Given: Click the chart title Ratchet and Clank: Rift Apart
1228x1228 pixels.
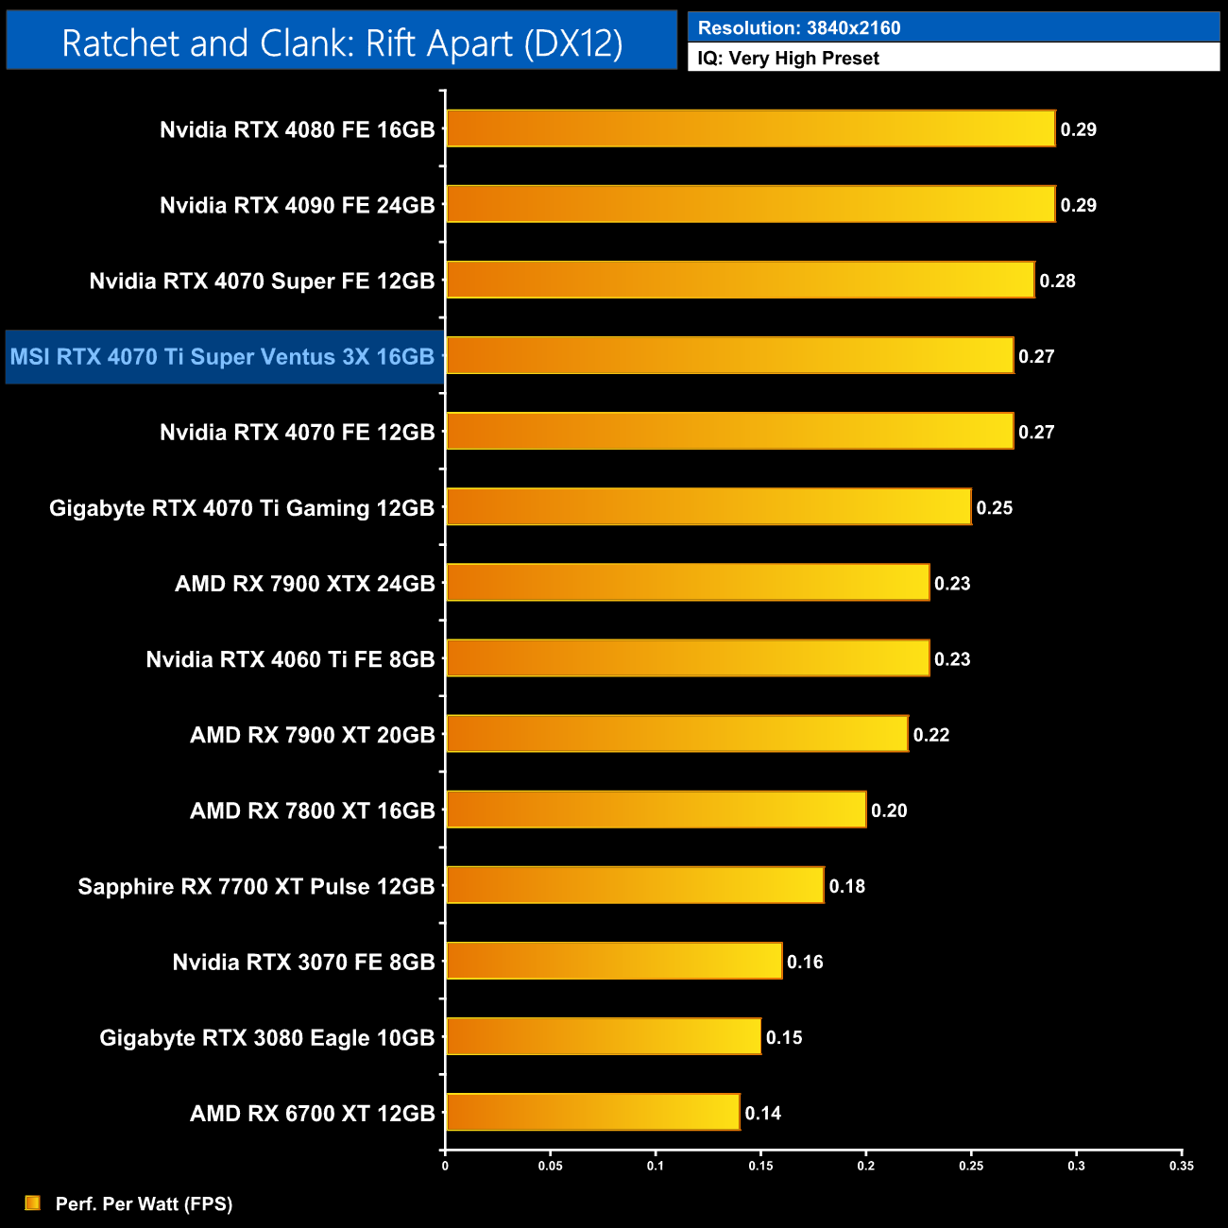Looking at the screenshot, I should (x=342, y=43).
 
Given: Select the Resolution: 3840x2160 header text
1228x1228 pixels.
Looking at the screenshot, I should (x=798, y=27).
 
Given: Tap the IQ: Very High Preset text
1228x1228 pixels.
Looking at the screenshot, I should (x=788, y=58).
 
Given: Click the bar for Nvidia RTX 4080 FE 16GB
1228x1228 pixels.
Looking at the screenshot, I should (x=750, y=128).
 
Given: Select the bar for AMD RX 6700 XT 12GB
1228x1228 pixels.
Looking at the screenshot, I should (x=592, y=1112).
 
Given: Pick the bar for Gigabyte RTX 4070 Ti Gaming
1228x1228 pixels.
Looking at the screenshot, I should (x=708, y=506).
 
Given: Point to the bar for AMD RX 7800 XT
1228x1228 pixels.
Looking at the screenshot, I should (x=656, y=810).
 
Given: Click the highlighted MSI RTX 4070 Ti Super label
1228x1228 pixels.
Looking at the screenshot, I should (x=222, y=357).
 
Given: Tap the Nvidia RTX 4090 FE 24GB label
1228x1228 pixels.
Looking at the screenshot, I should (x=297, y=205).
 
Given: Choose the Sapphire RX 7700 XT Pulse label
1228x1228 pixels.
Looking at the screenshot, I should (x=256, y=886).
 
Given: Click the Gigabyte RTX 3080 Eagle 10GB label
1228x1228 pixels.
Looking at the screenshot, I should (x=266, y=1037).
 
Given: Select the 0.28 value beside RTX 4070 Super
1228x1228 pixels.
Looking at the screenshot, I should (x=1057, y=281).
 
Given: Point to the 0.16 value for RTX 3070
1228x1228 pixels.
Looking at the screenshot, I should (x=805, y=962).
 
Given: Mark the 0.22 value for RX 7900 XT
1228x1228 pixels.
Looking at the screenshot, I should (x=930, y=735).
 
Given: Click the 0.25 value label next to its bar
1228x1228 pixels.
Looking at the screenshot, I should (x=994, y=508).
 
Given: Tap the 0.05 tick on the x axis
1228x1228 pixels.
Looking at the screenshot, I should (x=550, y=1166).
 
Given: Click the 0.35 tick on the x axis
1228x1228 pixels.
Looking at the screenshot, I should (x=1181, y=1166).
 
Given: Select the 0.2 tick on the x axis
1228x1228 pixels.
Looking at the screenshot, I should (x=865, y=1166).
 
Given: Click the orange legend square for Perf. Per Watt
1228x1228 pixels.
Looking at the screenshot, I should (x=32, y=1202).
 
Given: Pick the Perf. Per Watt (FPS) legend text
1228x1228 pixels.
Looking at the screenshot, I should (x=144, y=1203).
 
